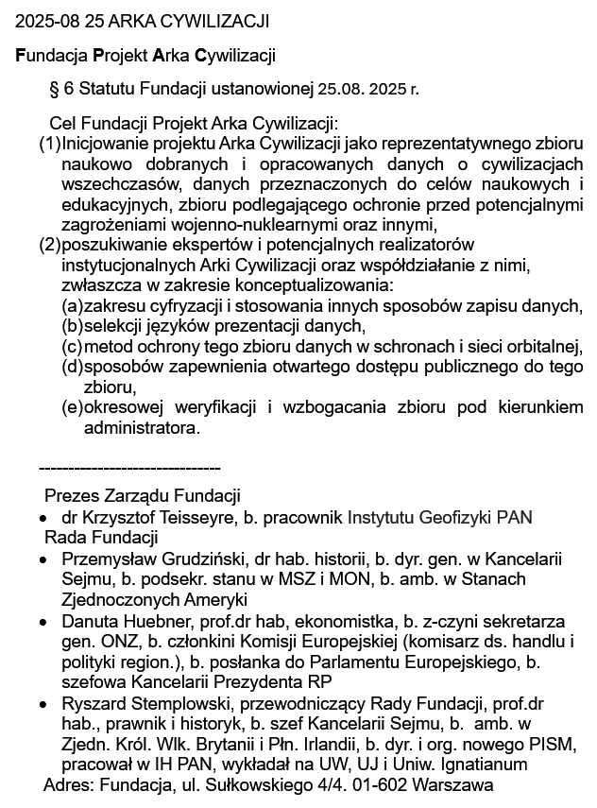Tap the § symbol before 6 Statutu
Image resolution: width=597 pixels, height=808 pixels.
click(x=53, y=90)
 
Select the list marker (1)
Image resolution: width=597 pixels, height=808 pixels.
click(x=49, y=145)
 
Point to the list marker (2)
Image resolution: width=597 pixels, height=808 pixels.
click(x=49, y=246)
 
